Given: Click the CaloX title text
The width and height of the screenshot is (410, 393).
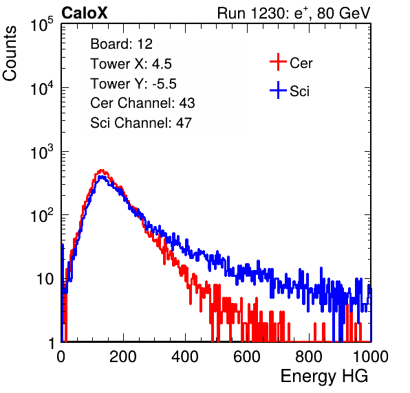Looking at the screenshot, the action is (84, 13).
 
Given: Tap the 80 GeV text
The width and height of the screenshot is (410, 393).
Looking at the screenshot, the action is (343, 13).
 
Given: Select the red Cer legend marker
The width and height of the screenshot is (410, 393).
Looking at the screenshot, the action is (278, 62).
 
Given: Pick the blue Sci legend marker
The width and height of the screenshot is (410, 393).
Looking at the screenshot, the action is (278, 91).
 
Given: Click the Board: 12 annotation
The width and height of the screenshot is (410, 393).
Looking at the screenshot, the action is (121, 44).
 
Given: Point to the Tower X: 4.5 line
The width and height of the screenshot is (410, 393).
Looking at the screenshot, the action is (131, 64).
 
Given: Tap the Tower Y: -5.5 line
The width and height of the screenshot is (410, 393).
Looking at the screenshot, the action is (133, 84).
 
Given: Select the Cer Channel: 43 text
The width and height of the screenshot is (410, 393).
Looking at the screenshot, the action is (142, 103).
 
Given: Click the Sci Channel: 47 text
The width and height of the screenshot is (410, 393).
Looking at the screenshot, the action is (141, 123).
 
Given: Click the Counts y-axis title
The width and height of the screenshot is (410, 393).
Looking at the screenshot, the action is (10, 54).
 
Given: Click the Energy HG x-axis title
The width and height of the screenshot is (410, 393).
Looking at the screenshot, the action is (324, 377).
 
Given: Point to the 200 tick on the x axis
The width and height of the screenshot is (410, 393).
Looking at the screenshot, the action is (123, 357).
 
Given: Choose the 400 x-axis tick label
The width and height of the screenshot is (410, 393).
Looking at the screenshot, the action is (185, 357).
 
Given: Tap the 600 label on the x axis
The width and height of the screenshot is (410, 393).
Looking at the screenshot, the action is (247, 357).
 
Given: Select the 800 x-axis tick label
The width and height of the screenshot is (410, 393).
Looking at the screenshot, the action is (309, 357).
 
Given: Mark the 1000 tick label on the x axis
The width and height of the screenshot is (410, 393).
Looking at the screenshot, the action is (371, 357).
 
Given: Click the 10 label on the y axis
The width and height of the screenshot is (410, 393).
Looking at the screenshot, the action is (45, 280).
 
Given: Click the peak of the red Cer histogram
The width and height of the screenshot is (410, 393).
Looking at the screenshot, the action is (102, 170).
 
